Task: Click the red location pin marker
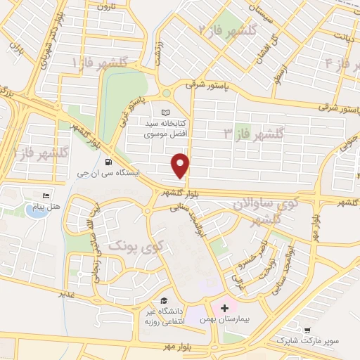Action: coord(181,164)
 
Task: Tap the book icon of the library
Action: coord(166,112)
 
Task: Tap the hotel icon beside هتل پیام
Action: coord(46,195)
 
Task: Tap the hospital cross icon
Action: coord(224,307)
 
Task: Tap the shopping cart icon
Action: coord(307,330)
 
